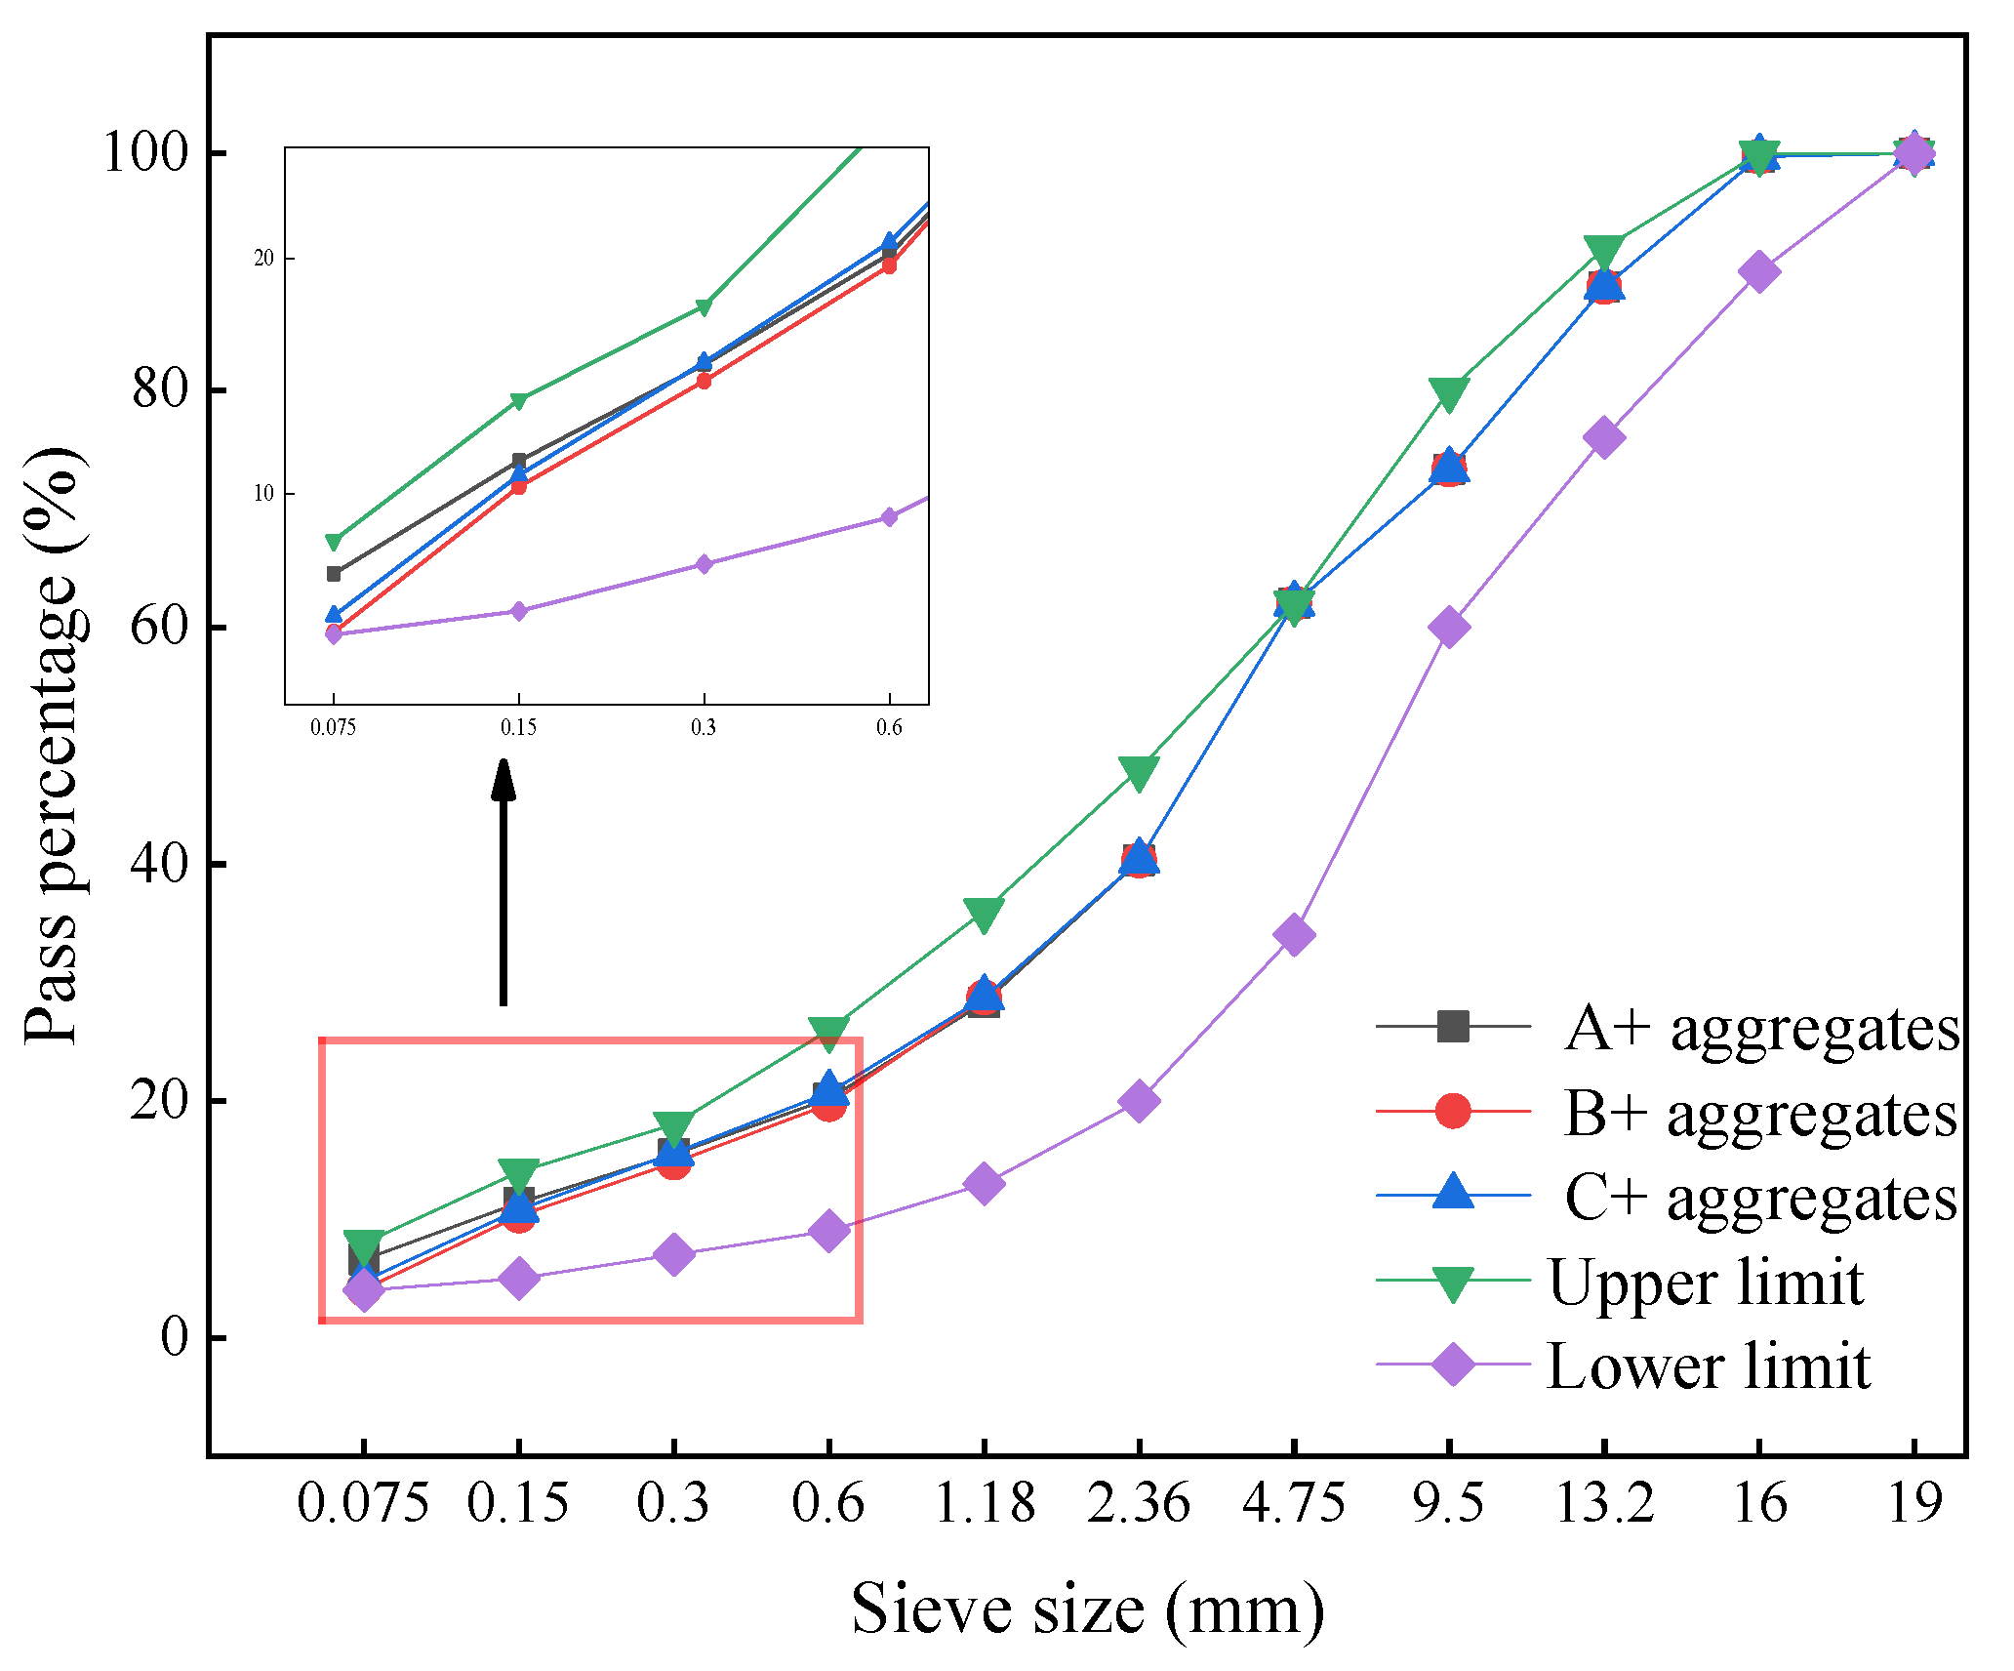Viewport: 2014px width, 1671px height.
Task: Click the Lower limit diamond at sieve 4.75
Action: coord(1294,935)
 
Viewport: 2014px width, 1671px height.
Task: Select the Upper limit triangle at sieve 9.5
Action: coord(1449,393)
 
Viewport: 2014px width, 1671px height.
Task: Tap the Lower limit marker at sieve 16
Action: coord(1759,271)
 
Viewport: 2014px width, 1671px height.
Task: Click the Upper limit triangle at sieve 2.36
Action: coord(1139,771)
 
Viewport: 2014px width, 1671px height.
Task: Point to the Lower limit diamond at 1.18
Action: coord(984,1183)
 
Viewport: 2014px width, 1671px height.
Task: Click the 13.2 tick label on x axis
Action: coord(1603,1502)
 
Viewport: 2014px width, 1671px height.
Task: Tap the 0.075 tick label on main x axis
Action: coord(362,1502)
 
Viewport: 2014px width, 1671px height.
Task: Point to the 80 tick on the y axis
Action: coord(159,389)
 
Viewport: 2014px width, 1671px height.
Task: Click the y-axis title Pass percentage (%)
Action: coord(53,747)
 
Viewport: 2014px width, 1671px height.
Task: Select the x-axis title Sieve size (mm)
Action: coord(1088,1609)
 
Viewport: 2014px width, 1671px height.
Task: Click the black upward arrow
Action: coord(503,878)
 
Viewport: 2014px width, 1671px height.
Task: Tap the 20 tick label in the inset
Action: coord(263,259)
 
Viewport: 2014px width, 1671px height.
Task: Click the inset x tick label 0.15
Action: coord(518,727)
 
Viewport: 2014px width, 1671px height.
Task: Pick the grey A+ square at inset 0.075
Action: coord(334,573)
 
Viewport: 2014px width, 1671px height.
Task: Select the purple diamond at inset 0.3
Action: coord(704,564)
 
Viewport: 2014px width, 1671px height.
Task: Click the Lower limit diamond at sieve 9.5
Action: coord(1449,627)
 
